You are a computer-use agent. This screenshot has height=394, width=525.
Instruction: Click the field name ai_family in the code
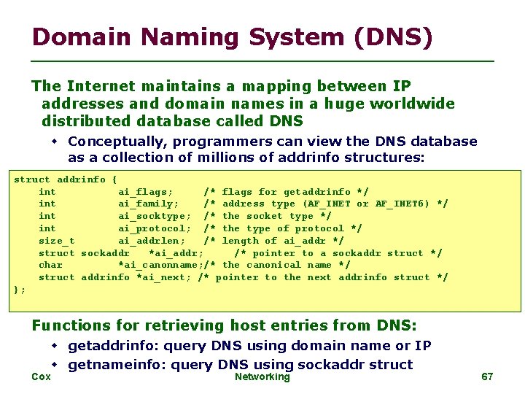tap(149, 204)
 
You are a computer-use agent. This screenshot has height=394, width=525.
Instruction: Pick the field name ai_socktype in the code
tap(155, 216)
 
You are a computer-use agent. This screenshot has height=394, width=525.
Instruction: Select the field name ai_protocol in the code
tap(155, 228)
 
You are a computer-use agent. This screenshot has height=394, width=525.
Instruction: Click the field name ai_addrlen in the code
tap(152, 241)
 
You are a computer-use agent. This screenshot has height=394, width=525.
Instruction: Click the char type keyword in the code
tap(50, 265)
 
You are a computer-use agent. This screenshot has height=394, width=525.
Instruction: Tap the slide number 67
tap(488, 376)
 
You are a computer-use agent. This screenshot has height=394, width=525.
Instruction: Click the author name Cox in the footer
tap(42, 376)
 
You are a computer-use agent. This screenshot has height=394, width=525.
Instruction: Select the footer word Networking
tap(262, 376)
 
